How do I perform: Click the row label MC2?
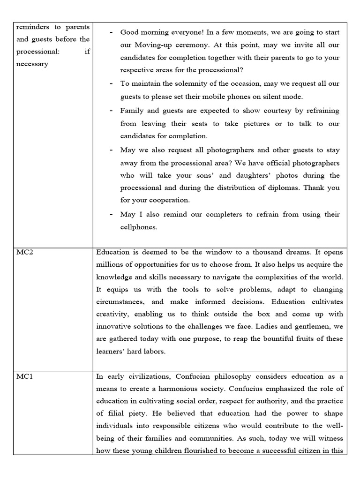(x=24, y=252)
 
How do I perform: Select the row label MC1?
(x=24, y=376)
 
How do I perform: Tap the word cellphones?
(x=139, y=227)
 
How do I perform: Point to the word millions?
(x=113, y=264)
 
